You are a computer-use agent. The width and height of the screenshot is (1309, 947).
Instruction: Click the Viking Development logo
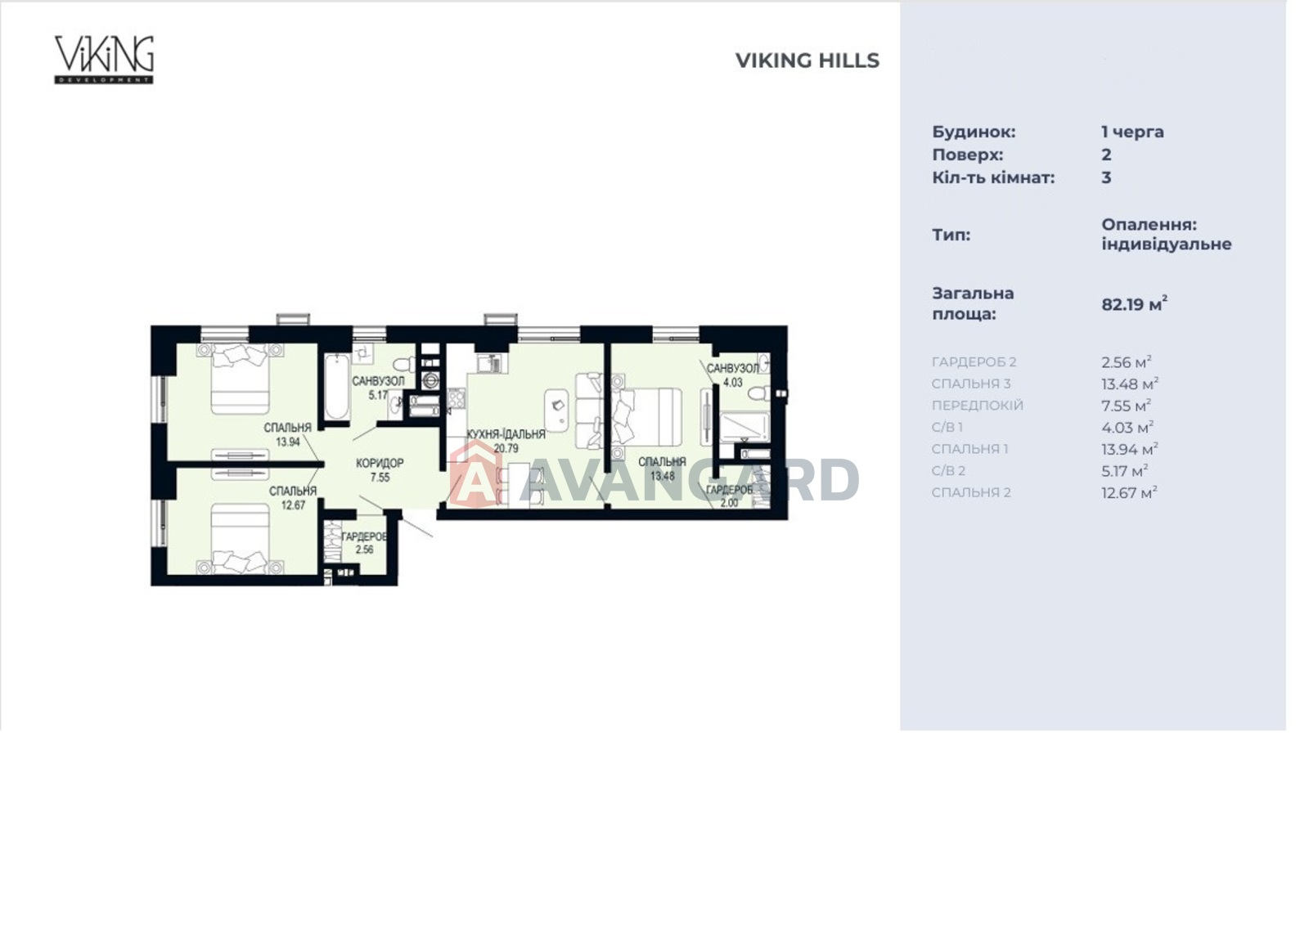coord(104,60)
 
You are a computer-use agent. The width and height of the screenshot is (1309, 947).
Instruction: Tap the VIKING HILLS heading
coord(807,61)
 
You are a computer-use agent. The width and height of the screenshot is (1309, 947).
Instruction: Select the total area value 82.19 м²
coord(1134,303)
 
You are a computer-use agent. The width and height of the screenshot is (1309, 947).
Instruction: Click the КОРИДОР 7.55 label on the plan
coord(380,470)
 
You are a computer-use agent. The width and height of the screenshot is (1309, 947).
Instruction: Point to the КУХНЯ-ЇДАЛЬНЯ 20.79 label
coord(506,441)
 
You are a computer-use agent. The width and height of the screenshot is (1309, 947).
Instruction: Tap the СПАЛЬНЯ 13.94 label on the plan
coord(287,434)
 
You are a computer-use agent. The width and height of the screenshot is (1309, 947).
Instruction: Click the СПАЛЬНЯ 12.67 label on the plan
coord(293,498)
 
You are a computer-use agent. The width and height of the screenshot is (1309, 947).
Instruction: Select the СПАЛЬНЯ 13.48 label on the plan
coord(662,469)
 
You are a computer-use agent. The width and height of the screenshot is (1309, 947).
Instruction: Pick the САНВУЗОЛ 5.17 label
coord(378,388)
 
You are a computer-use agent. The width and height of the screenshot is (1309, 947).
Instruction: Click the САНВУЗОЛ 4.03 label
coord(733,375)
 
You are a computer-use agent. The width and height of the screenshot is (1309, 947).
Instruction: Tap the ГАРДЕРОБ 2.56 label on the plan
coord(363,543)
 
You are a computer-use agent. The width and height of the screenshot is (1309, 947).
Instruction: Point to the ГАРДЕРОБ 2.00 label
coord(729,496)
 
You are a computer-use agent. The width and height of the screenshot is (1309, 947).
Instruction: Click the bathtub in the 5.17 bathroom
coord(335,386)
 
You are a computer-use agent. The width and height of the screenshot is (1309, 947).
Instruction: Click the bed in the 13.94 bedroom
coord(241,379)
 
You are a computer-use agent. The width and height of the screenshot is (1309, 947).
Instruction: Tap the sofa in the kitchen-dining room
coord(589,411)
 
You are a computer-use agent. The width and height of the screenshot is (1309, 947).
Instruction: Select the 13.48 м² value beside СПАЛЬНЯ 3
coord(1130,384)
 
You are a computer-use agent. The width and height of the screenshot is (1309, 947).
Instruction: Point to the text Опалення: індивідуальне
coord(1167,234)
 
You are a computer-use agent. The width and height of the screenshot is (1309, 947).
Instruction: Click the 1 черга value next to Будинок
coord(1132,132)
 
